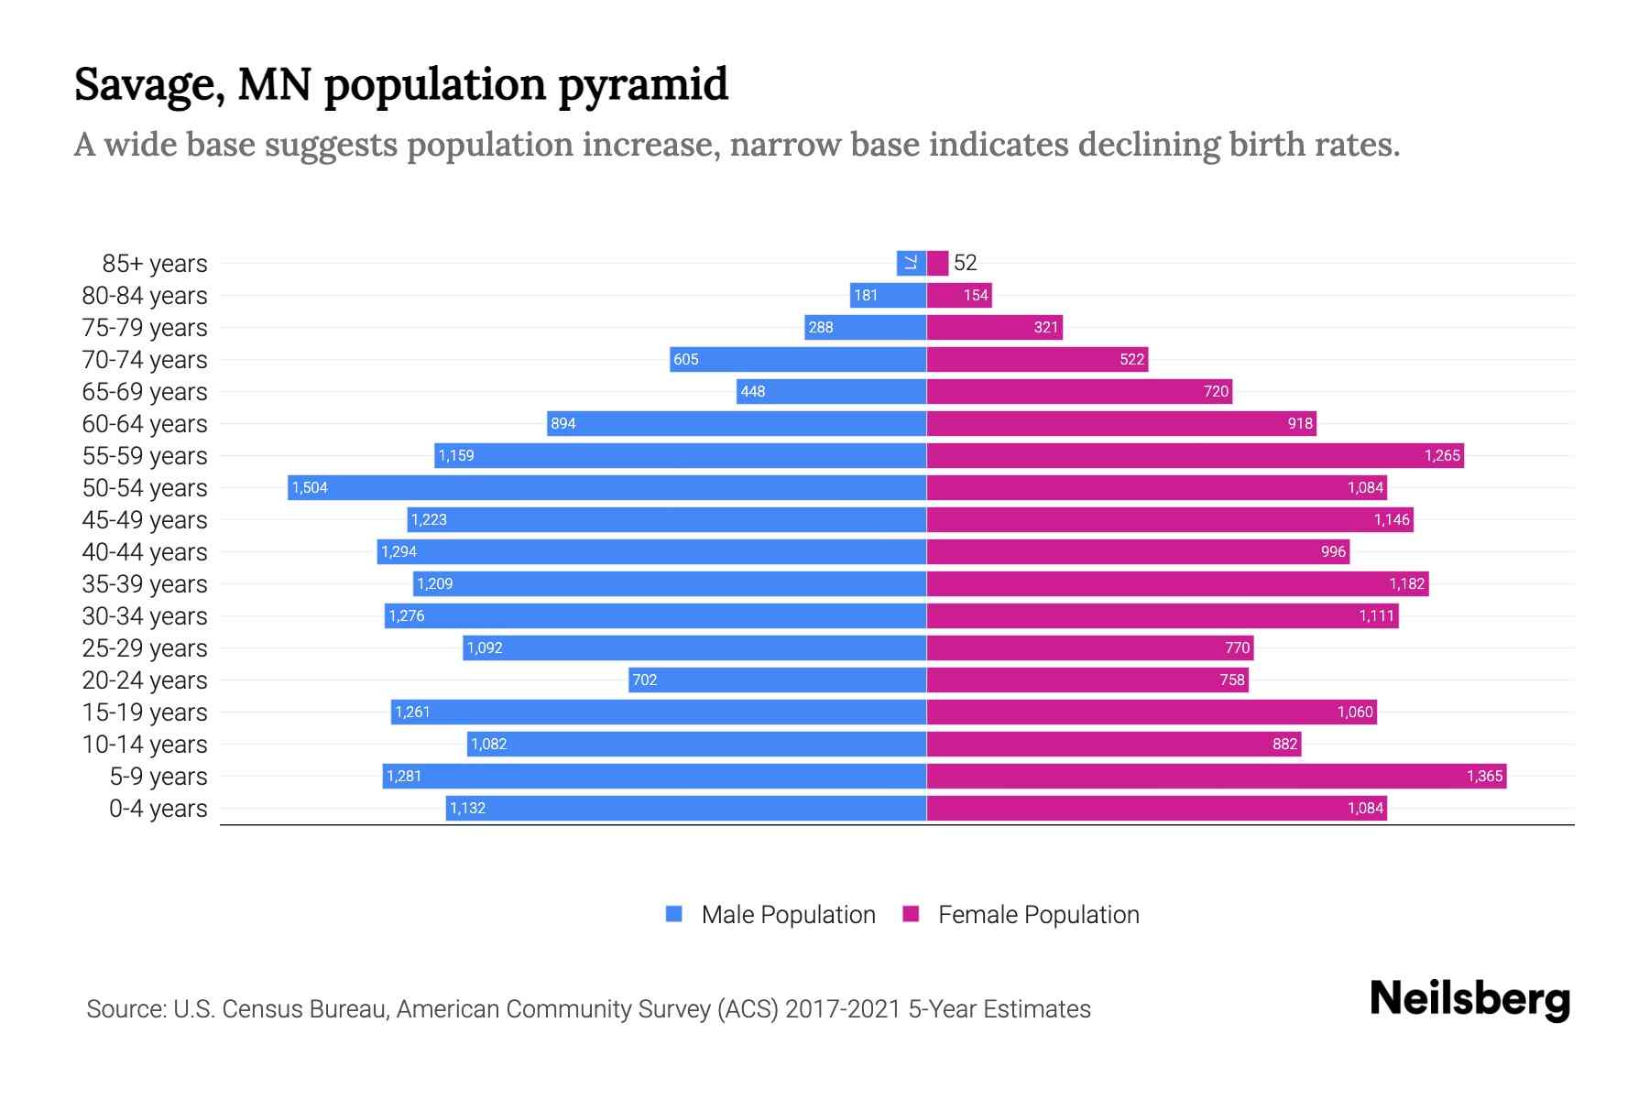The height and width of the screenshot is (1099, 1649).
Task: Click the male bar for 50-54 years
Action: tap(606, 487)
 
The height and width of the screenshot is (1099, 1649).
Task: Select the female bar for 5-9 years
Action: tap(1217, 776)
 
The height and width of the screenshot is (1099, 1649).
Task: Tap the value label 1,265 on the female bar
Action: tap(1442, 456)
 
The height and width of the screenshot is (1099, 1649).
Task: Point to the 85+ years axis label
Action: tap(154, 264)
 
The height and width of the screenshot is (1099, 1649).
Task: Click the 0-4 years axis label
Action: tap(158, 809)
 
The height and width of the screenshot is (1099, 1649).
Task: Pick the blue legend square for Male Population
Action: tap(674, 914)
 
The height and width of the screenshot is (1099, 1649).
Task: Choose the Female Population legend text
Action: tap(1038, 915)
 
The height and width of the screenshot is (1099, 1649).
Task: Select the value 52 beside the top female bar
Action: tap(965, 263)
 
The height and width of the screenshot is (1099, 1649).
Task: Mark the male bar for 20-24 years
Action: tap(777, 680)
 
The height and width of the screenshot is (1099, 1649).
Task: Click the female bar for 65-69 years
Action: tap(1079, 391)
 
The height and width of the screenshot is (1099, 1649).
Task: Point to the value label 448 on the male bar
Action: tap(753, 392)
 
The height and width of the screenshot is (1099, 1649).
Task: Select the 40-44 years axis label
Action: tap(145, 552)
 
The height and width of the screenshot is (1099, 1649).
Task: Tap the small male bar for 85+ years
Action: tap(911, 263)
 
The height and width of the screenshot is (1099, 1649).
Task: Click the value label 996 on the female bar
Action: tap(1333, 552)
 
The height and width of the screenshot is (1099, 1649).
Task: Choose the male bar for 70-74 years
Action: tap(797, 359)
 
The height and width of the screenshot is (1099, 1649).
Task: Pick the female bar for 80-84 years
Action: tap(959, 295)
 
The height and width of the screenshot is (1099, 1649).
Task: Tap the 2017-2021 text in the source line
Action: tap(843, 1009)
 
